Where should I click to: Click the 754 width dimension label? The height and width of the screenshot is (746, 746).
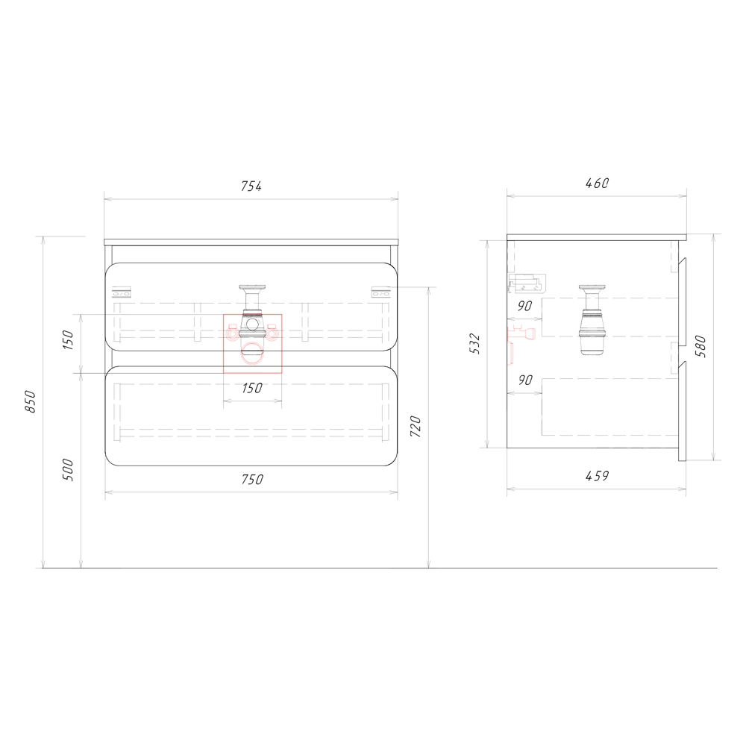(251, 186)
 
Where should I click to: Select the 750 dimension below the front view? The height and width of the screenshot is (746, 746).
(251, 479)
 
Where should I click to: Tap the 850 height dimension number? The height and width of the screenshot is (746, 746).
(31, 401)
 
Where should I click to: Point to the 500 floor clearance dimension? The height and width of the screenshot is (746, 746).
(69, 469)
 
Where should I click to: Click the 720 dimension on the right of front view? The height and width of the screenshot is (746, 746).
(416, 426)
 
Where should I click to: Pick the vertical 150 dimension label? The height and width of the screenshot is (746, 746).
(69, 339)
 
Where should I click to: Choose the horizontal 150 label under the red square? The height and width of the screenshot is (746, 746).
(251, 388)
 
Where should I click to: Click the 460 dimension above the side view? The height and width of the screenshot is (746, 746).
(597, 184)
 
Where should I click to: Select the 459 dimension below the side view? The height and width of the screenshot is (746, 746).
(597, 476)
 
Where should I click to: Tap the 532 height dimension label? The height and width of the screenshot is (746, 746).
(474, 344)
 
